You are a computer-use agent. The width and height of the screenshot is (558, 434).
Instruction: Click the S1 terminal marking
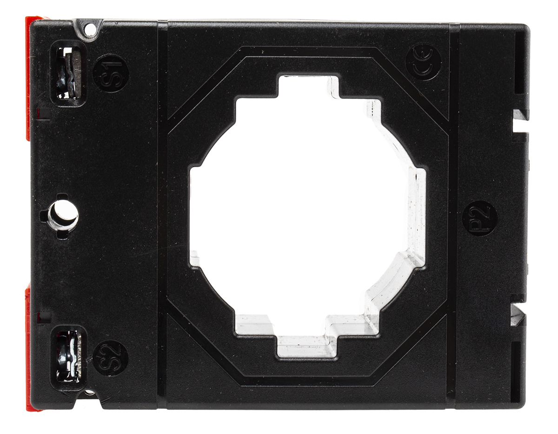coord(111,74)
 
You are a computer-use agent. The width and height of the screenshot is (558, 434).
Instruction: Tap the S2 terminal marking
coord(110,360)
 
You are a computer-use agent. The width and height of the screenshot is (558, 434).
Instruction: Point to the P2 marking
coord(480,218)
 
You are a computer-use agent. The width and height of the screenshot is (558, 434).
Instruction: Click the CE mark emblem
coord(424,62)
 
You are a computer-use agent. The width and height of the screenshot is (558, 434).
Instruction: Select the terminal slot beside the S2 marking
coord(69,359)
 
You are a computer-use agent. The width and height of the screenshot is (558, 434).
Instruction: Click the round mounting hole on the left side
coord(63,215)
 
